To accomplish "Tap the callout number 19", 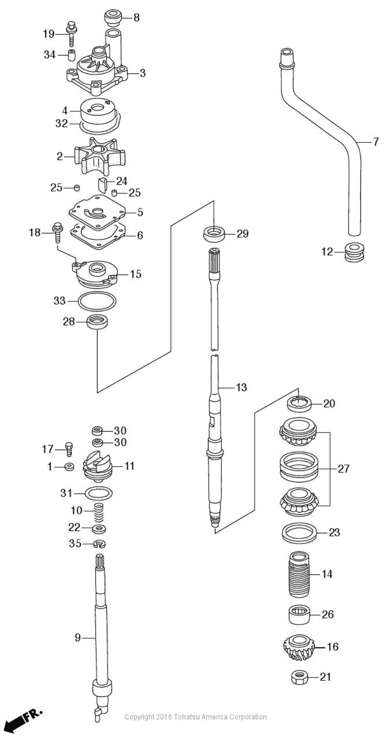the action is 49,34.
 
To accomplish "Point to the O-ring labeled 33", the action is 97,301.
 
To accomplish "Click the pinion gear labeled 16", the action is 299,647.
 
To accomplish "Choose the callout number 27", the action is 343,468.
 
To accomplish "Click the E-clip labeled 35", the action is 99,543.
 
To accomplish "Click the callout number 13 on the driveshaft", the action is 241,387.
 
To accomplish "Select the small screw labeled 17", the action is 69,449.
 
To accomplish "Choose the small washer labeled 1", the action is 69,467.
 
